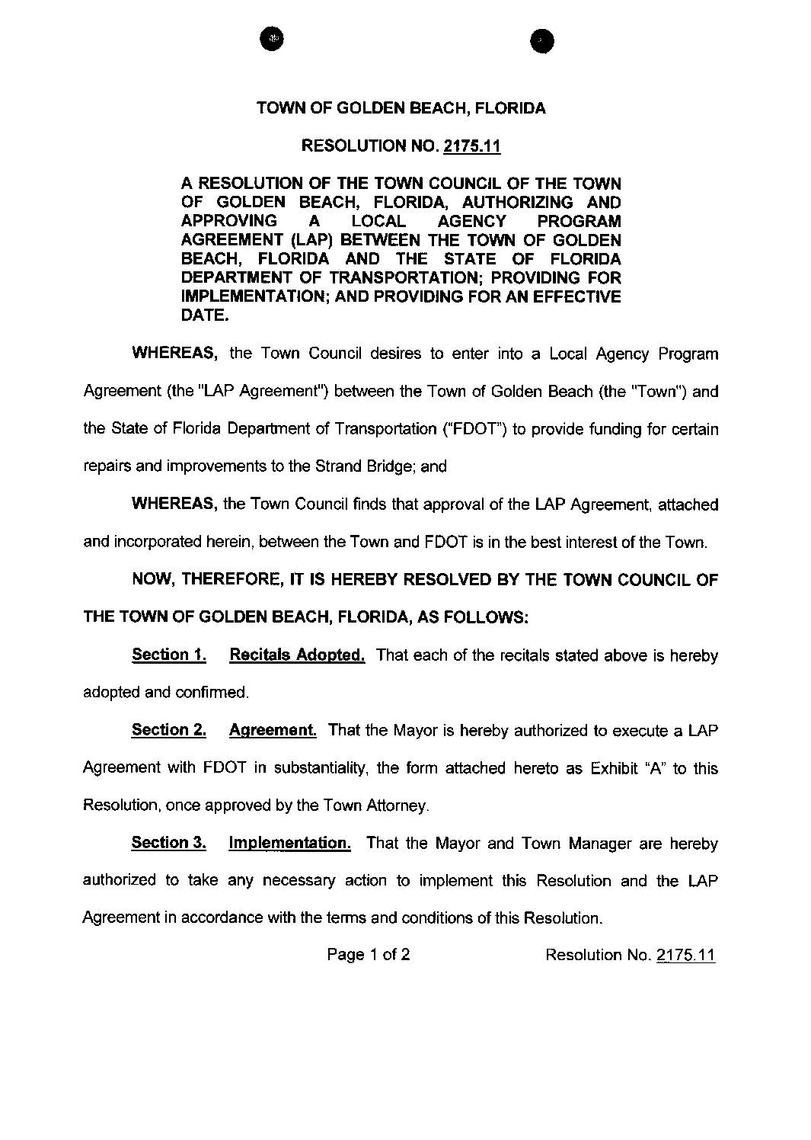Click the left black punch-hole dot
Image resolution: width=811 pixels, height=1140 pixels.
pos(270,37)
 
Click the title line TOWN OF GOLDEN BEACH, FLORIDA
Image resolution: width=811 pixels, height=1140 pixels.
pos(401,108)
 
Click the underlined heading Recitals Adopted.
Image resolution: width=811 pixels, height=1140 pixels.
pos(297,655)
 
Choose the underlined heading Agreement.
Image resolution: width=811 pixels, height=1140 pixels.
pos(273,730)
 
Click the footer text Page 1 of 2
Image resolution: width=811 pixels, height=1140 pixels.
pos(369,955)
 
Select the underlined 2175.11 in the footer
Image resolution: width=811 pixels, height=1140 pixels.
pos(685,956)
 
